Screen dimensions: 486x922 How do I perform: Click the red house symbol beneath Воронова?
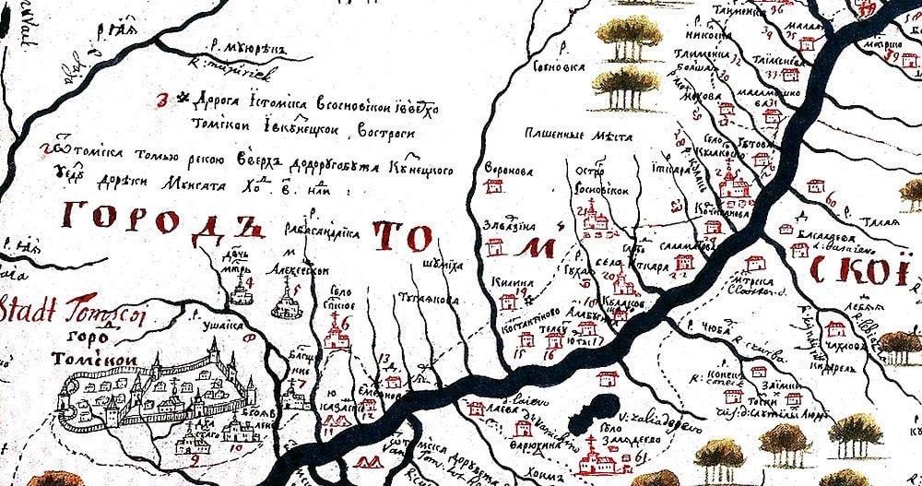point(495,187)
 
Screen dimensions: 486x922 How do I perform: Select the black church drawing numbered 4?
point(242,292)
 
